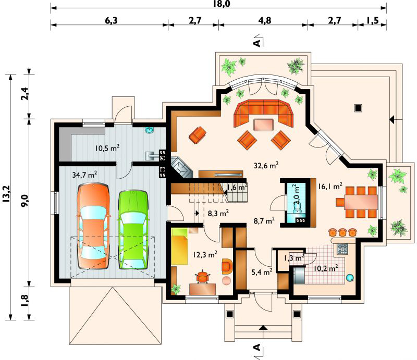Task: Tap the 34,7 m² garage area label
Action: tap(84, 175)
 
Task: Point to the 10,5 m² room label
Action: tap(107, 148)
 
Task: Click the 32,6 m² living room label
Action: tap(266, 166)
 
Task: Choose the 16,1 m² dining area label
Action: tap(330, 186)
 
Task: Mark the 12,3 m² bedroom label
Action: tap(205, 254)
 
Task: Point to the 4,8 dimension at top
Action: tap(265, 20)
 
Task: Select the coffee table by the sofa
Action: tap(263, 125)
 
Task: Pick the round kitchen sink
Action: tap(350, 278)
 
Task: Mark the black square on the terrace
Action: tap(358, 108)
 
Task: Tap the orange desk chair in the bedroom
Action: tap(203, 277)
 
